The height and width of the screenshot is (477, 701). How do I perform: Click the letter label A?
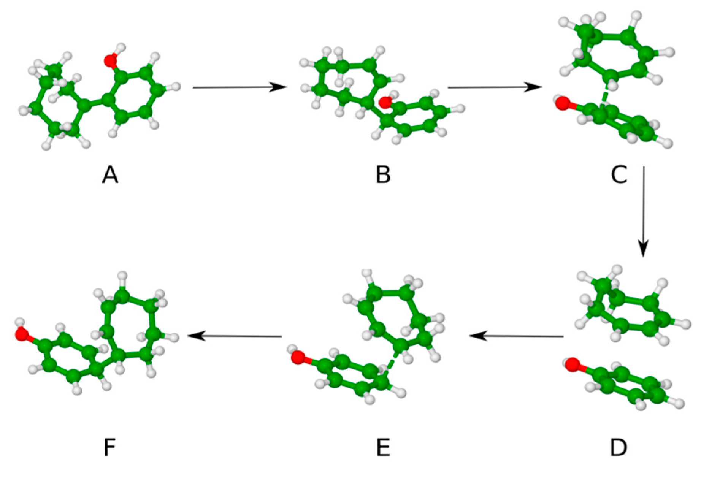110,176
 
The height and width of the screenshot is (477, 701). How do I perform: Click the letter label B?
383,176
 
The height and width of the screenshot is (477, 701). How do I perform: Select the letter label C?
619,176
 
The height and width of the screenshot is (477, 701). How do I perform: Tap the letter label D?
619,448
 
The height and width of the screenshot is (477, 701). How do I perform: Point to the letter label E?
383,448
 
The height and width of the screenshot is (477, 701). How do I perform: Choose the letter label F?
109,448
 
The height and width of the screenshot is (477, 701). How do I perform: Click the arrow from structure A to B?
239,87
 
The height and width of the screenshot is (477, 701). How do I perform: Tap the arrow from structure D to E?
517,336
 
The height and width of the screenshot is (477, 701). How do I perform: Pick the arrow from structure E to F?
235,336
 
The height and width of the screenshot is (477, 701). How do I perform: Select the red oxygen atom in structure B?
385,102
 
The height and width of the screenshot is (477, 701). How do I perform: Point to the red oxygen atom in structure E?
297,357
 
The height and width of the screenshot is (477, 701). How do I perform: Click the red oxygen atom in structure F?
22,334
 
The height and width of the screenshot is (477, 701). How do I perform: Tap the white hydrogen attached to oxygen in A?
121,48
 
